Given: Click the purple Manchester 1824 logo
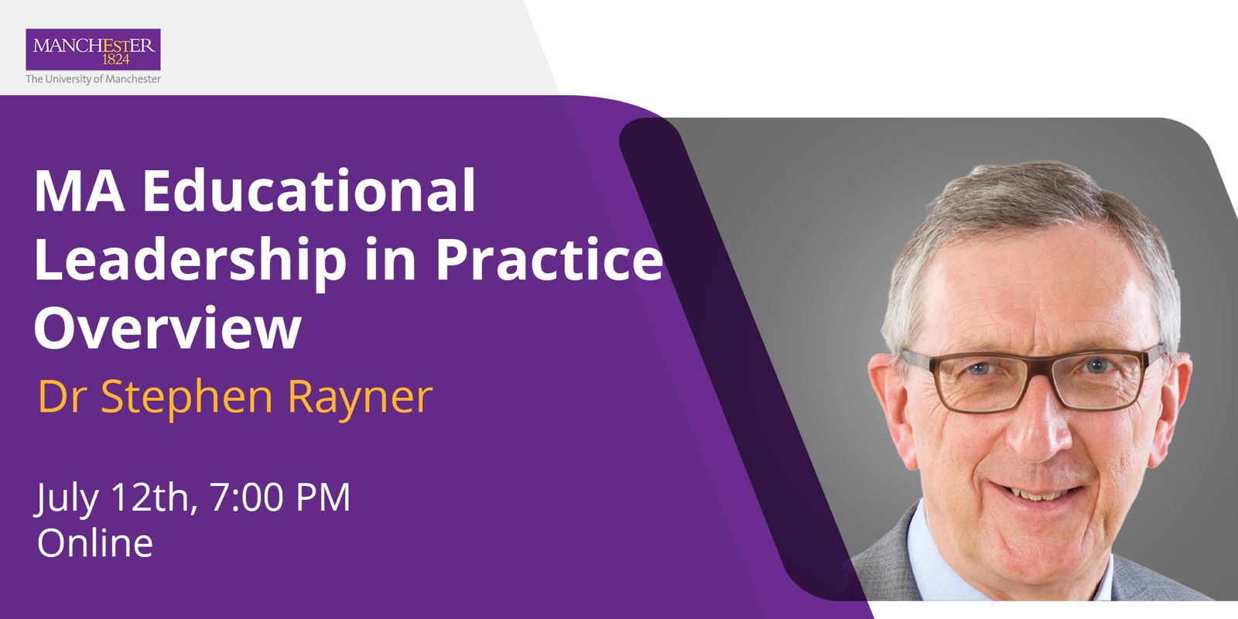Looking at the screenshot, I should (93, 50).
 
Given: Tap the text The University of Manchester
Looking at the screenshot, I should (93, 79).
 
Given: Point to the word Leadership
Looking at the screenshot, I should (190, 261).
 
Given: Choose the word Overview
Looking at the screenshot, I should (167, 327).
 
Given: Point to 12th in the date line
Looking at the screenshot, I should (150, 497).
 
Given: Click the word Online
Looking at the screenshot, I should (94, 543).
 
